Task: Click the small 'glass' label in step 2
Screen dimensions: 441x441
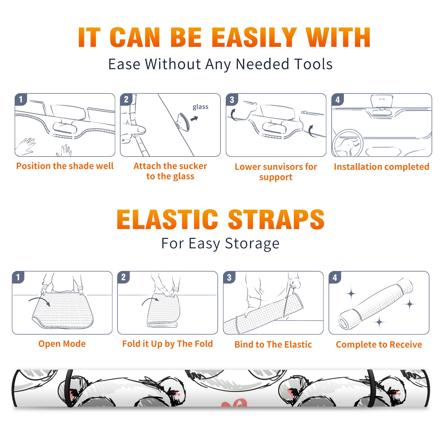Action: (200, 107)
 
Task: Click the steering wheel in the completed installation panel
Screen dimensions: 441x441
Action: (348, 143)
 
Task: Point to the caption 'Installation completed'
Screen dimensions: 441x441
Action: (381, 167)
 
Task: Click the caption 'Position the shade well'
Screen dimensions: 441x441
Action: (65, 166)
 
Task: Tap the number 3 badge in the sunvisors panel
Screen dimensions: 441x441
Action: (232, 100)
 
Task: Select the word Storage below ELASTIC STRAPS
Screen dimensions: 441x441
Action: (252, 244)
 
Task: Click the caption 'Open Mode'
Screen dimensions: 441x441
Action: (62, 344)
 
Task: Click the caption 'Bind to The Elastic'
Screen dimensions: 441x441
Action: (273, 345)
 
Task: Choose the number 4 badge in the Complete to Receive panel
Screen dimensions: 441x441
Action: (335, 277)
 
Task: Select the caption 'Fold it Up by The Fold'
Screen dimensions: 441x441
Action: (168, 344)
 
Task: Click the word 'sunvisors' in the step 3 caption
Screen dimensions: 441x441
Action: (282, 167)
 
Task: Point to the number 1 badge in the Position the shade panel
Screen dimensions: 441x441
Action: (21, 100)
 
